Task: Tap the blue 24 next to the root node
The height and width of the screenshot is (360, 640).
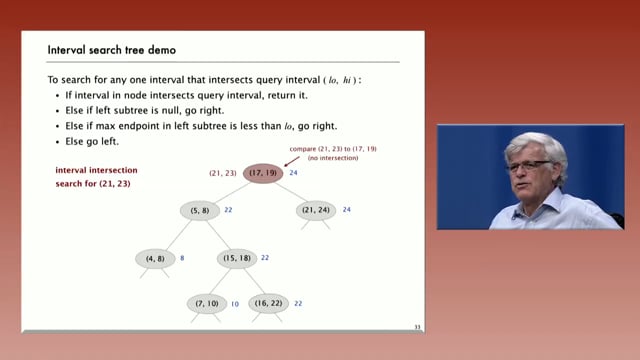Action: [x=294, y=173]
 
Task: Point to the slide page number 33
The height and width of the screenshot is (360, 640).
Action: [x=417, y=326]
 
